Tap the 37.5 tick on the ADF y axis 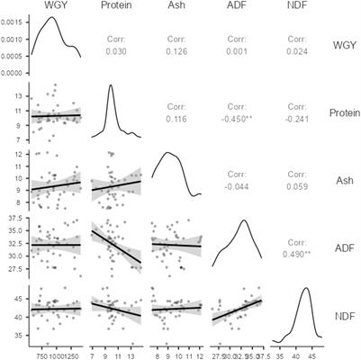pyautogui.click(x=17, y=218)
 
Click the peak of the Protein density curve pyautogui.click(x=111, y=85)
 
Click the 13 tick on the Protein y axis pyautogui.click(x=20, y=93)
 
